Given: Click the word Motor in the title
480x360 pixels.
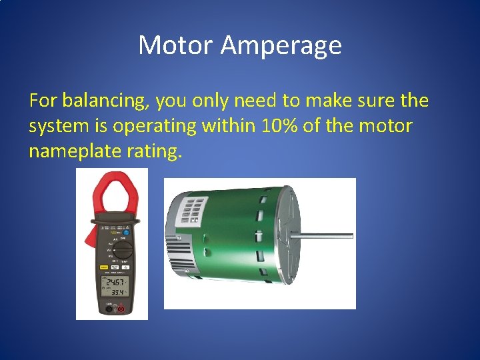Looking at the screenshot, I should click(x=175, y=45).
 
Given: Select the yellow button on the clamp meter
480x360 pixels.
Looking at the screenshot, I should click(x=104, y=267).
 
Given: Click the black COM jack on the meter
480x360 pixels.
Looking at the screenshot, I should click(x=109, y=308).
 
